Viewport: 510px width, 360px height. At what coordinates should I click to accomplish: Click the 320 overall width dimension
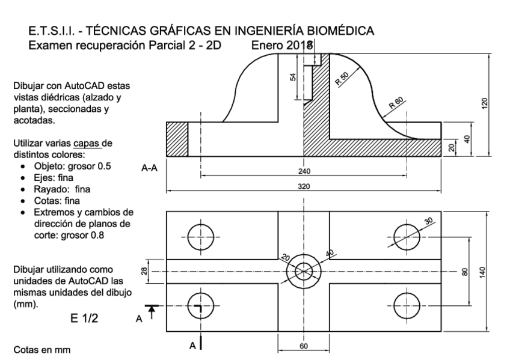pos(304,186)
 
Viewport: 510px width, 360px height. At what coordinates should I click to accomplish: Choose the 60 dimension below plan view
pos(304,347)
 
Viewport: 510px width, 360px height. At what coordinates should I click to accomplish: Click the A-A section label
pos(150,169)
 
